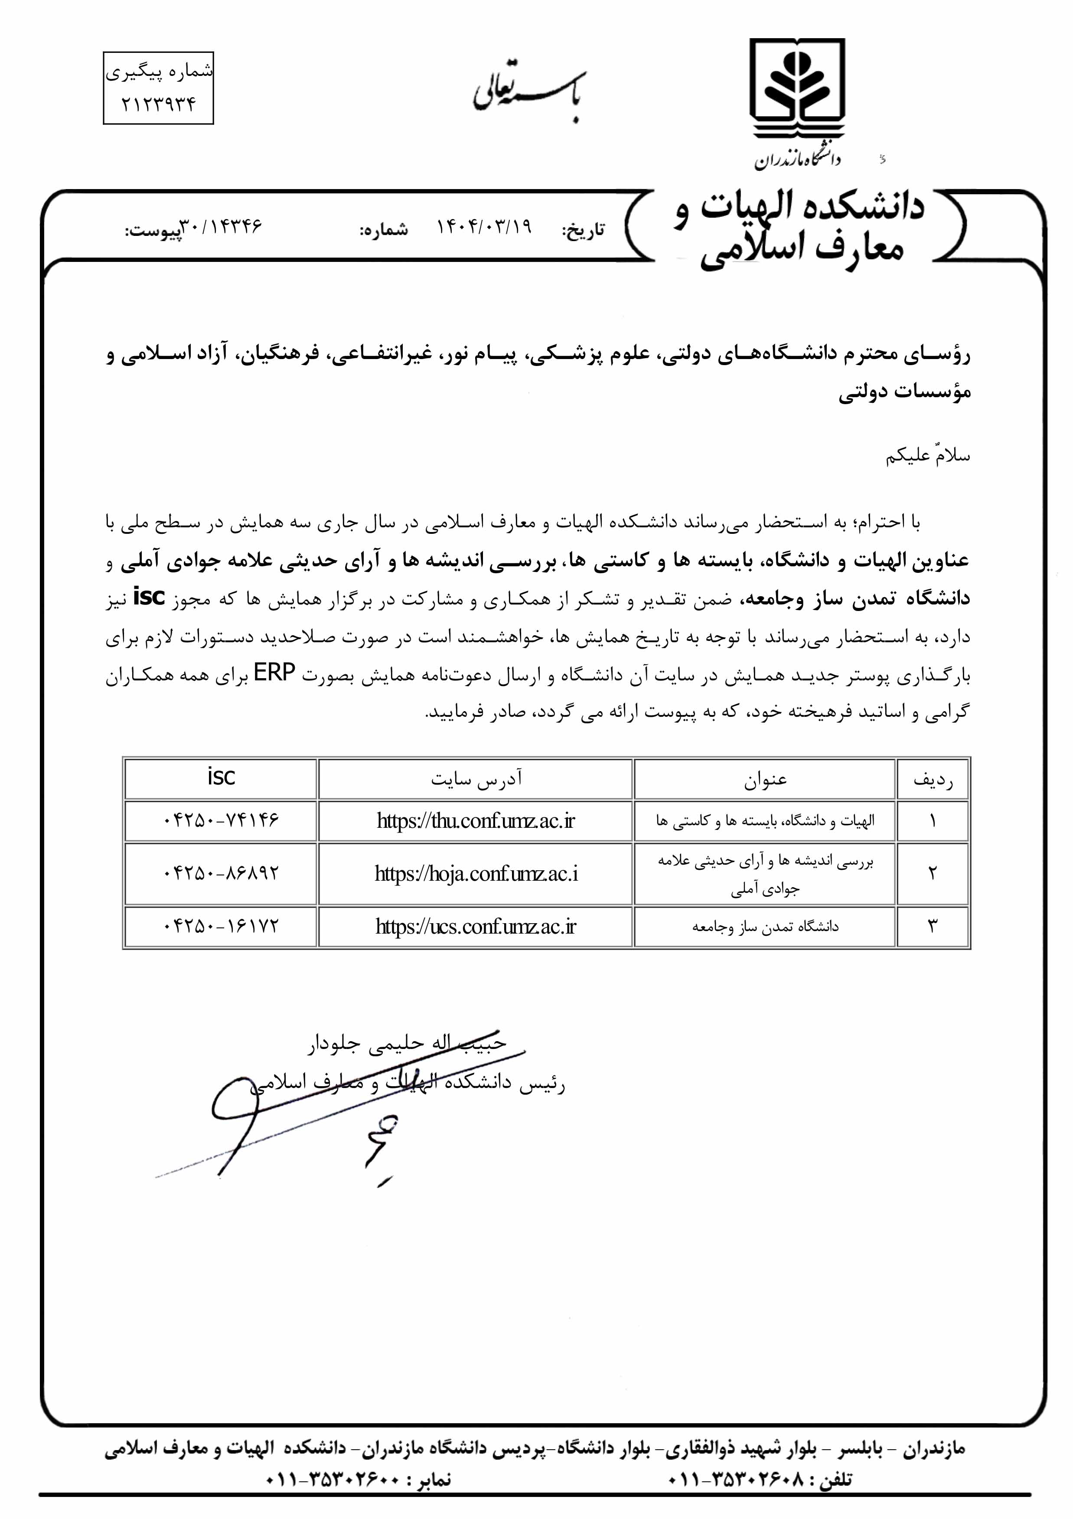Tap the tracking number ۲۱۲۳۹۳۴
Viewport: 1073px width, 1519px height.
point(159,105)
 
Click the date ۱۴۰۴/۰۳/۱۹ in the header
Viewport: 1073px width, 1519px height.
point(484,228)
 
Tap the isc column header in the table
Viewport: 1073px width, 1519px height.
point(221,777)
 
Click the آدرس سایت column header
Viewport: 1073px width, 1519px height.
point(476,779)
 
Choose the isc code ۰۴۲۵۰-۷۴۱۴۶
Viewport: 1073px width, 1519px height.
point(221,820)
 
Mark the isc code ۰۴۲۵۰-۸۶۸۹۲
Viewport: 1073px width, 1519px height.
point(221,873)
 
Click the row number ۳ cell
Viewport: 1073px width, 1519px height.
point(933,926)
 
